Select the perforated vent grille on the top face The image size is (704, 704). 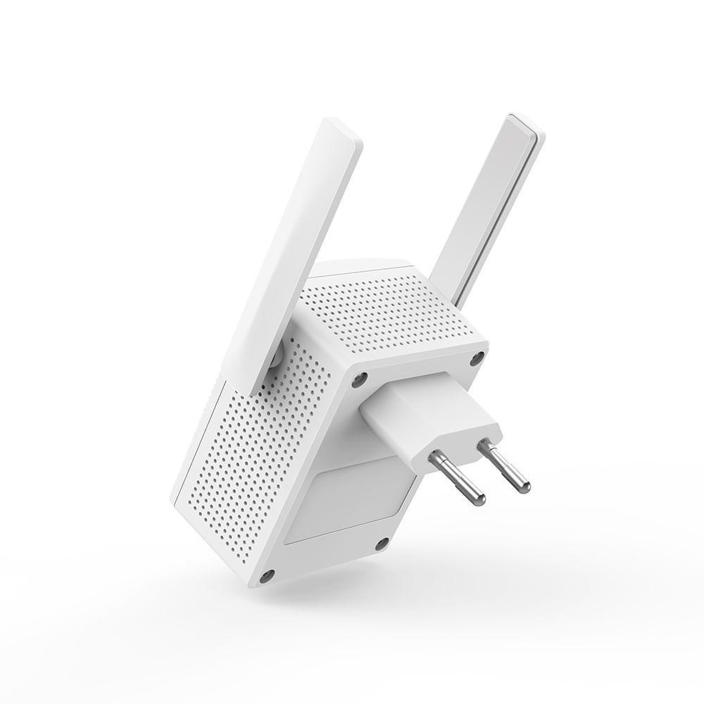click(387, 310)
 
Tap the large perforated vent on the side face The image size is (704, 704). click(260, 451)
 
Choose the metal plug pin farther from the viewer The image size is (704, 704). click(505, 465)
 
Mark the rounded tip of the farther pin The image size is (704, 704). click(524, 485)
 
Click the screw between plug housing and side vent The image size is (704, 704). click(359, 381)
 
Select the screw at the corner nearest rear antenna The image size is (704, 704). click(477, 357)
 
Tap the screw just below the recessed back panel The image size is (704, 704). click(381, 543)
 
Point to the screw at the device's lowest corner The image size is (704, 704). click(266, 577)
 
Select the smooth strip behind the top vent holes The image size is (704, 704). click(359, 268)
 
